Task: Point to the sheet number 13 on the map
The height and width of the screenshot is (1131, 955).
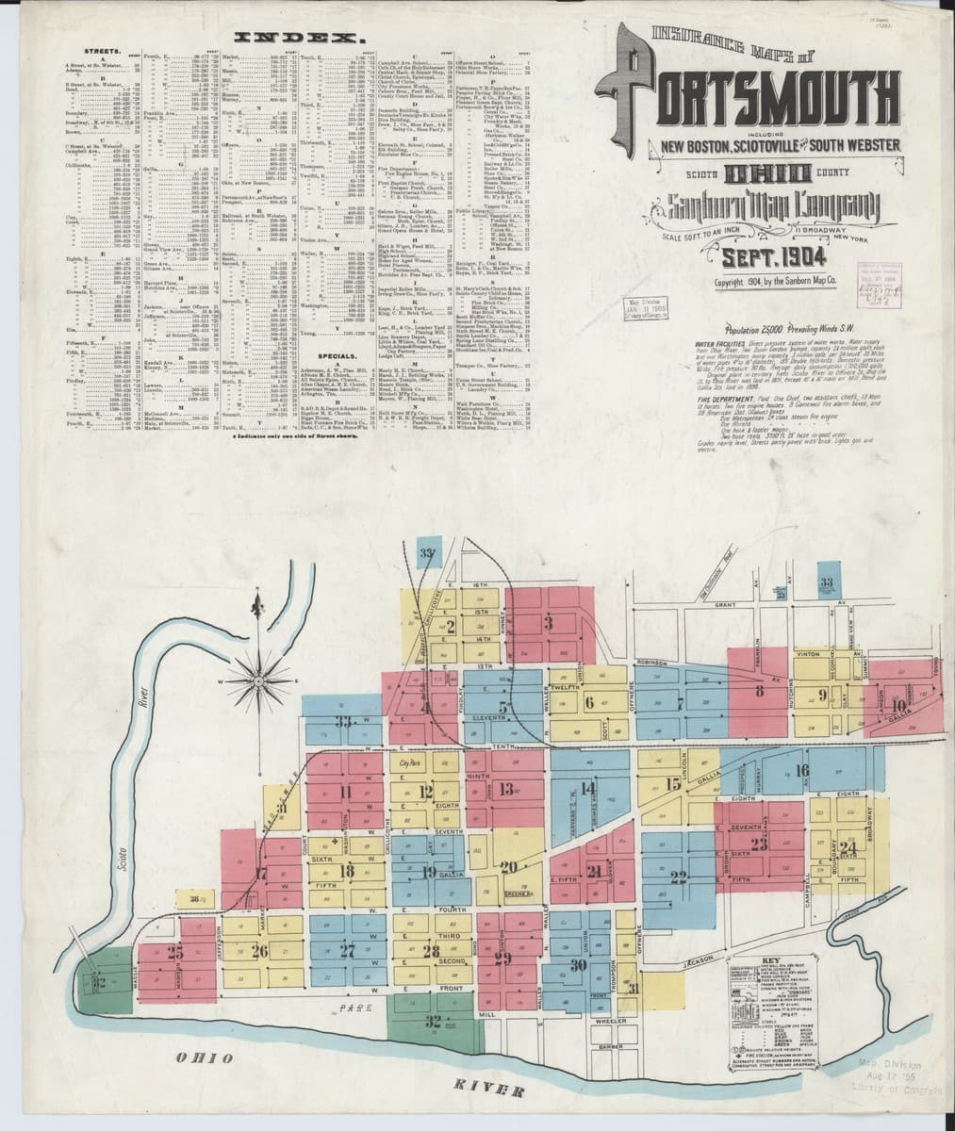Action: [x=506, y=789]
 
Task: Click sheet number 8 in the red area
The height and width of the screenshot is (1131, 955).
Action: [x=759, y=691]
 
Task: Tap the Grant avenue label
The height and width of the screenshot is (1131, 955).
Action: [x=725, y=604]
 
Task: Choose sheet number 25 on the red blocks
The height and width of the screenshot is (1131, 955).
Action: [x=175, y=951]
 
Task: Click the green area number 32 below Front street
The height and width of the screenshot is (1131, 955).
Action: [x=433, y=1020]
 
